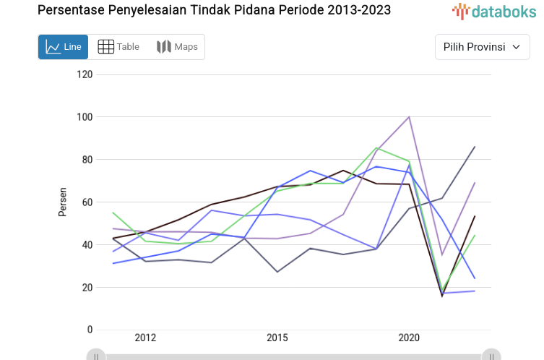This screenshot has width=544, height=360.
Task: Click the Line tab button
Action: click(x=63, y=47)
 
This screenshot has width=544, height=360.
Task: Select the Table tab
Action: click(x=118, y=47)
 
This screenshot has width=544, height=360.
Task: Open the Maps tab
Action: click(x=177, y=47)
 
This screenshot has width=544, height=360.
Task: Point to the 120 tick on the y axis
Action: click(x=85, y=74)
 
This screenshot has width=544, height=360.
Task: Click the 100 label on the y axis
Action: click(x=85, y=117)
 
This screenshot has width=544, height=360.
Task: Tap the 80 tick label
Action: click(x=87, y=160)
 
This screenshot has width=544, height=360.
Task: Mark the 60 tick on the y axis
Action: click(x=87, y=202)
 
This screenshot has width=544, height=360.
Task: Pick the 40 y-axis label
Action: click(x=87, y=245)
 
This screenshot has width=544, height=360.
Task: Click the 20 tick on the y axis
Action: click(x=87, y=288)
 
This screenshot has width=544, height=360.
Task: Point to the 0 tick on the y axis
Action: click(x=90, y=330)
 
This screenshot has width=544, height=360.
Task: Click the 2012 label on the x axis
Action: click(x=145, y=338)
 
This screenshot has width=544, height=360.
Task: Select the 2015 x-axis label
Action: click(x=277, y=338)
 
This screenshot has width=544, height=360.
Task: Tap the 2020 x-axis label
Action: click(x=409, y=338)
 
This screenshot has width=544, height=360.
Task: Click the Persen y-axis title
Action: click(x=63, y=202)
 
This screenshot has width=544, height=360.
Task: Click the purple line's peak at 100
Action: click(x=410, y=116)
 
